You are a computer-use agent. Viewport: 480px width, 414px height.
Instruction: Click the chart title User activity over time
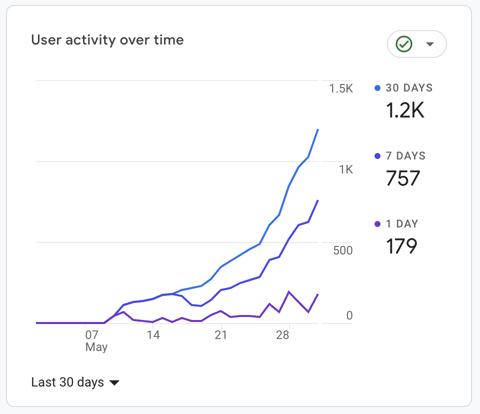[x=107, y=40]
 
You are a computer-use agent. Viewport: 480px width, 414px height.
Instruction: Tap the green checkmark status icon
[x=403, y=44]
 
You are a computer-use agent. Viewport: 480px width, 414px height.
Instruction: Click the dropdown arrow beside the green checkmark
[x=429, y=44]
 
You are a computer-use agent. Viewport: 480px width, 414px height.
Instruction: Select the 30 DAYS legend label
[x=409, y=88]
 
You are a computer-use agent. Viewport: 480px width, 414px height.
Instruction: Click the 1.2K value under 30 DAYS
[x=405, y=110]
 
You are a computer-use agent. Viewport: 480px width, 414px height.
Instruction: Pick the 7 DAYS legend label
[x=405, y=156]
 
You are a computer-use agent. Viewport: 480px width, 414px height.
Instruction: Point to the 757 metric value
[x=403, y=178]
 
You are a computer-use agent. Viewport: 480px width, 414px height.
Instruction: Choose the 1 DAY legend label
[x=402, y=224]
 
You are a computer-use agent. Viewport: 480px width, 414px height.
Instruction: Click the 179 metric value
[x=401, y=246]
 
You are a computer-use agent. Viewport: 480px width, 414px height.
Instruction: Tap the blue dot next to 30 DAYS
[x=377, y=88]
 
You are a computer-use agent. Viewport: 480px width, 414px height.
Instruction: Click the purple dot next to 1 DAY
[x=377, y=224]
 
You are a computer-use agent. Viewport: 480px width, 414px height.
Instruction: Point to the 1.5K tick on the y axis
[x=341, y=89]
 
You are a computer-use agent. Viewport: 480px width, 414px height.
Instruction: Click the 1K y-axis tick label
[x=346, y=170]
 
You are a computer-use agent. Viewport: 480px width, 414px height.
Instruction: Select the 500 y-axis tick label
[x=343, y=250]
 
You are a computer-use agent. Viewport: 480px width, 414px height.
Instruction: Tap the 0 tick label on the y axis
[x=349, y=315]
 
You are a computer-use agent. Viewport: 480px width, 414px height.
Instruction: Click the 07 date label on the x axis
[x=91, y=335]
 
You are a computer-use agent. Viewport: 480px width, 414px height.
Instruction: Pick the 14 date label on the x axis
[x=153, y=335]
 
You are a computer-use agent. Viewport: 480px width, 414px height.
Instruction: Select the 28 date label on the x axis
[x=282, y=335]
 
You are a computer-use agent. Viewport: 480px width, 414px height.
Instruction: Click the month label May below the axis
[x=96, y=347]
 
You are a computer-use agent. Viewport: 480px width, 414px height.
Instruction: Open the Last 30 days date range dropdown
[x=75, y=382]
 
